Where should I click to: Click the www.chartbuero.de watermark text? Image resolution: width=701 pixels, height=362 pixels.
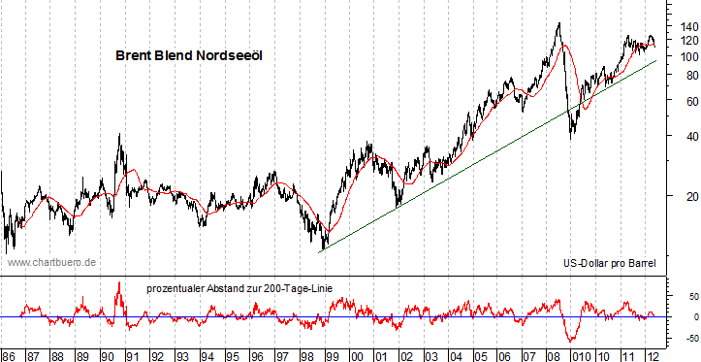50,262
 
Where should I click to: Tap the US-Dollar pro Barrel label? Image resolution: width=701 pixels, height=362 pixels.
609,263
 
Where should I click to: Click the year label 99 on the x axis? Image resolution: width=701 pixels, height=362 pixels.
334,354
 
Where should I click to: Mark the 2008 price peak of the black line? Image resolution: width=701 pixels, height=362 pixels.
558,22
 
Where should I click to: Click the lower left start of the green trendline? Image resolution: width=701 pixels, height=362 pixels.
321,250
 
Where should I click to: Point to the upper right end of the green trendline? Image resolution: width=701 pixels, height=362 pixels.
657,60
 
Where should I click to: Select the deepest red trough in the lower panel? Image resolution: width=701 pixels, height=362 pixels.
571,341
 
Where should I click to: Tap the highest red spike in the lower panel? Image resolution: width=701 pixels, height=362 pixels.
119,282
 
